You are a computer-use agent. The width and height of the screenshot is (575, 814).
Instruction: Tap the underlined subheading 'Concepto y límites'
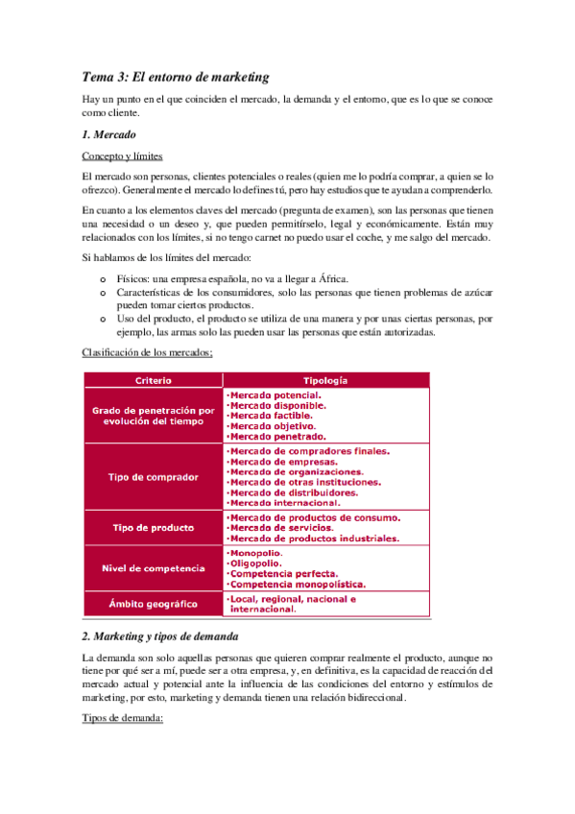tap(122, 156)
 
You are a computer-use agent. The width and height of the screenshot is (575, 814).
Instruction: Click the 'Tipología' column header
tap(325, 380)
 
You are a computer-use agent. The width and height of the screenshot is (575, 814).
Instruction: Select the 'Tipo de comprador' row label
tap(154, 476)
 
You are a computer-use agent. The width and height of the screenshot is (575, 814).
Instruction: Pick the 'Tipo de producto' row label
tap(154, 527)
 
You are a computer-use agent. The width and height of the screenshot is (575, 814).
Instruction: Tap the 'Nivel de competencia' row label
tap(154, 568)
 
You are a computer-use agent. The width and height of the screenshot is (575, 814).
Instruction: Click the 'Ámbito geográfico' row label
tap(154, 604)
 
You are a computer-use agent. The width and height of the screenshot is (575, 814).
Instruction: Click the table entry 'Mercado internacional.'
tap(284, 502)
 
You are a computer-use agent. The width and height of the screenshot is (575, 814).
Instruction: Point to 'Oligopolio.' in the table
tap(254, 563)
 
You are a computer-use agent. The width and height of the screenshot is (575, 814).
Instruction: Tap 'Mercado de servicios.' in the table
tap(281, 528)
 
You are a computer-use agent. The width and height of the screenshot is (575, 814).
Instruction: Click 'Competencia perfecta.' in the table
tap(282, 573)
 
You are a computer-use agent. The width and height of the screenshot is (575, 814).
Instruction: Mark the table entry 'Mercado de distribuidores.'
tap(292, 492)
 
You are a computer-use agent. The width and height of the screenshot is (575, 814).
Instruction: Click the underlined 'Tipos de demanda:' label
tap(124, 718)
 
